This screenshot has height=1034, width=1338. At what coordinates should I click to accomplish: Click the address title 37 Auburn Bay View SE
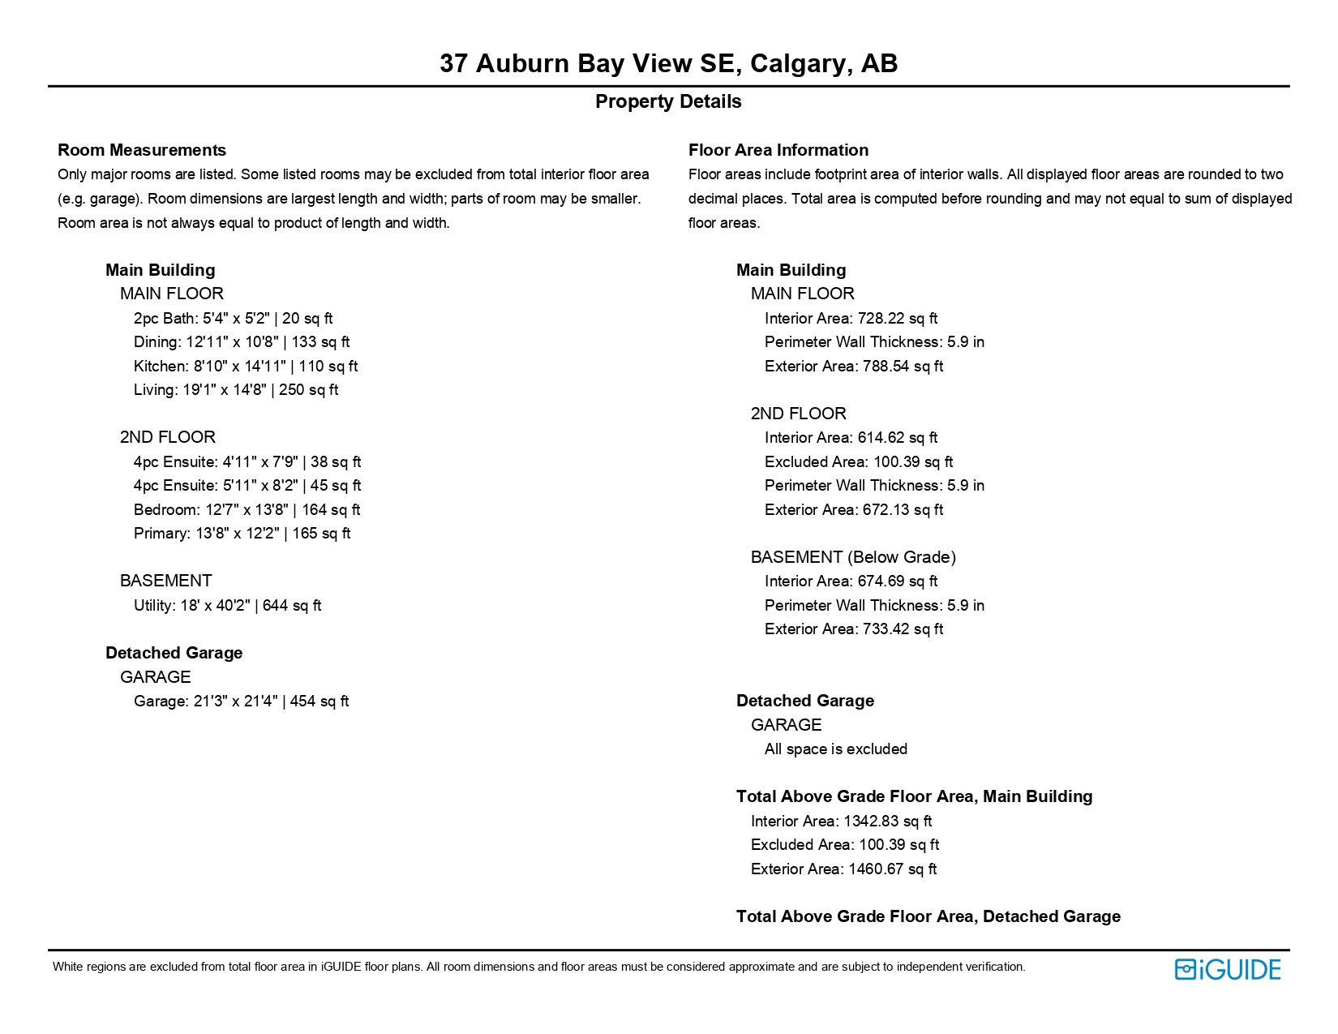668,63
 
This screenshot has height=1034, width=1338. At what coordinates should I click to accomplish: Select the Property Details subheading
668,101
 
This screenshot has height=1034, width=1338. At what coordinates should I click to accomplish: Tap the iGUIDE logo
1228,969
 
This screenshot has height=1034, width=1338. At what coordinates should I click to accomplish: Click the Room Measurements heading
142,150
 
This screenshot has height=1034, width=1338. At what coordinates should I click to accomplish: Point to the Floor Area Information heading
778,150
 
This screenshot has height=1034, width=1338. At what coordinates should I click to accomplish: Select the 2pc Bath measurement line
233,319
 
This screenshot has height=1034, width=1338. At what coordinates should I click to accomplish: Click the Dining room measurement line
242,342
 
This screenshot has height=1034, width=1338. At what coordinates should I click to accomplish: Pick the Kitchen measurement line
246,367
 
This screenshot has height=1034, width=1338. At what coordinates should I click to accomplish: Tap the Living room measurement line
236,390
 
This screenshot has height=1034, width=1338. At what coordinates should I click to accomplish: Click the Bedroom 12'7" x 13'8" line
247,510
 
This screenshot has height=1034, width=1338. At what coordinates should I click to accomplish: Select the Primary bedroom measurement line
242,534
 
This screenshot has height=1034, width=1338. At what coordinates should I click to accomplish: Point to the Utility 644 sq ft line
227,606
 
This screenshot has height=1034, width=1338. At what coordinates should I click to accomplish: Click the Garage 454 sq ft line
241,701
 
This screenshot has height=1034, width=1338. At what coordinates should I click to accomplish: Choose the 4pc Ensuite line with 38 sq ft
247,462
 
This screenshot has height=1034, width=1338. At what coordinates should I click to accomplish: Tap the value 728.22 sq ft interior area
897,319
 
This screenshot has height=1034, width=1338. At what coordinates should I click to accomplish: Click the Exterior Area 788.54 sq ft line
854,367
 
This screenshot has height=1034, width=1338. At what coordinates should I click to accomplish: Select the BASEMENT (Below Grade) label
853,557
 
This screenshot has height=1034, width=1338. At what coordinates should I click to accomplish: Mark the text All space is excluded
836,749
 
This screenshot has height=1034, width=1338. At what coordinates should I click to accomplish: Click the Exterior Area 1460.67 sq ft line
843,869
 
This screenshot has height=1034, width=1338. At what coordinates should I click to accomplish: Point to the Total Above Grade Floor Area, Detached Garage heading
928,916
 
